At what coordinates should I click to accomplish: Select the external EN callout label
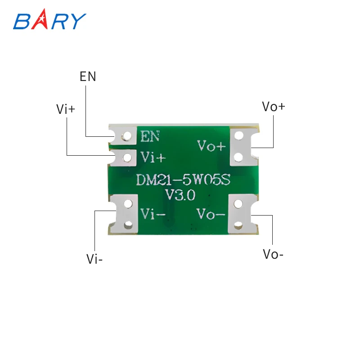(x=88, y=76)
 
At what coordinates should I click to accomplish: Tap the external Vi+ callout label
(x=66, y=109)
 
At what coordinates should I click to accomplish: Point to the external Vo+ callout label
(x=274, y=107)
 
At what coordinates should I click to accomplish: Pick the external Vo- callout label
(x=273, y=254)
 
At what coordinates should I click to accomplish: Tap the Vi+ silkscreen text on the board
(x=153, y=157)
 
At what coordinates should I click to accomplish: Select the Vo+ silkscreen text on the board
(x=211, y=146)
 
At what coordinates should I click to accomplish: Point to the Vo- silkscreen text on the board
(x=211, y=214)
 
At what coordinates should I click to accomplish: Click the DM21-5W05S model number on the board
(x=183, y=180)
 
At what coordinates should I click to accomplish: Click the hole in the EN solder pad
(x=128, y=135)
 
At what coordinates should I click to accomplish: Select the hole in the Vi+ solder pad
(x=128, y=157)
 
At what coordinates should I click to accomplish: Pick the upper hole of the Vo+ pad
(x=239, y=135)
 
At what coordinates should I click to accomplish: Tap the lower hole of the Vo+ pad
(x=239, y=157)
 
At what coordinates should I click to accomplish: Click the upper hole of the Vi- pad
(x=129, y=204)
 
